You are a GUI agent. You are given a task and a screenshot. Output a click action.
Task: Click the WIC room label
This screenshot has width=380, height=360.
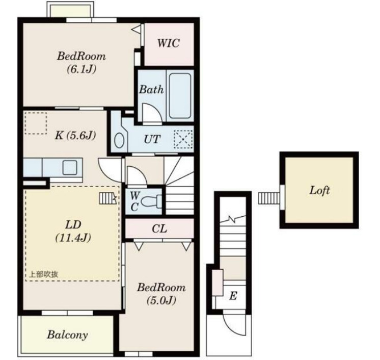169,43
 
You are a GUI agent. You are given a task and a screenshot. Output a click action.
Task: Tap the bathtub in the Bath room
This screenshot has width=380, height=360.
180,95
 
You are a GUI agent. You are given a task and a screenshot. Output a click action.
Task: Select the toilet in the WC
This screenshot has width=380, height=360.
151,201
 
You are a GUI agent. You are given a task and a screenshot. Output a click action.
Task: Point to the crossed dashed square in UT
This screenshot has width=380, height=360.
183,139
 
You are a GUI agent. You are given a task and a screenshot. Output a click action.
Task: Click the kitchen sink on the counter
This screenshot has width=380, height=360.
70,168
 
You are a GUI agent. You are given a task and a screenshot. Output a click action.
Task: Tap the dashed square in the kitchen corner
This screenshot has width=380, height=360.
36,123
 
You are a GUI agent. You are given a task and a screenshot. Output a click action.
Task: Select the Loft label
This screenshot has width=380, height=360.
319,190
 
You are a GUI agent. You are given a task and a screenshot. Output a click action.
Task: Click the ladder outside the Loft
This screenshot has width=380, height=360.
269,198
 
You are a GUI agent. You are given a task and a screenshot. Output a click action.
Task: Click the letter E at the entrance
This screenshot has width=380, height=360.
233,296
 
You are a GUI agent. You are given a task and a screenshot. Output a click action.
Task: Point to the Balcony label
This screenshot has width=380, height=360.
67,335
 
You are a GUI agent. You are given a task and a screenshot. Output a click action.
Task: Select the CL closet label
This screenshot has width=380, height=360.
159,228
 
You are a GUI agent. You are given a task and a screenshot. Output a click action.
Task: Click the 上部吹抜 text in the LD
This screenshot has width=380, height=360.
44,274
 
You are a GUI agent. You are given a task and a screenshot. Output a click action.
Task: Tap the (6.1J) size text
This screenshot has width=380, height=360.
82,69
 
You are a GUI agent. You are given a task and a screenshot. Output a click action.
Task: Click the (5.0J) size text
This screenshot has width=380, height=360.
161,300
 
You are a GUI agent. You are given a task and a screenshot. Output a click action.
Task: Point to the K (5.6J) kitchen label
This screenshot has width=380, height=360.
75,135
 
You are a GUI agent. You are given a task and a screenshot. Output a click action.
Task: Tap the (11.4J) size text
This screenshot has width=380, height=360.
73,238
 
